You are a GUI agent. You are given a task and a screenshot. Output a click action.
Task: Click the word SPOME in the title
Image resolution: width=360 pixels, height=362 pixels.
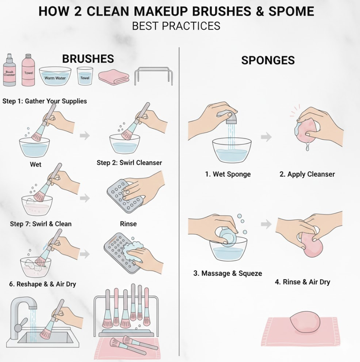[291, 11]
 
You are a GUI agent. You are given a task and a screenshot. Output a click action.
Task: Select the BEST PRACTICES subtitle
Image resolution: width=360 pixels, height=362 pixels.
[176, 26]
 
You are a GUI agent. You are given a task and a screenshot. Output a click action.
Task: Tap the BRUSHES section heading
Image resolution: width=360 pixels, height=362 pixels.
[88, 58]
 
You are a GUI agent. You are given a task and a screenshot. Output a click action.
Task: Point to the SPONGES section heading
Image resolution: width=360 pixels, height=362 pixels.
[268, 60]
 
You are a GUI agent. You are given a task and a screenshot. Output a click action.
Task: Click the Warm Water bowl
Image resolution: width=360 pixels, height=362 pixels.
[55, 76]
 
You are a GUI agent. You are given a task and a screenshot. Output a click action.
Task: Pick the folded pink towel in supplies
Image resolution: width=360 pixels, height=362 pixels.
[114, 77]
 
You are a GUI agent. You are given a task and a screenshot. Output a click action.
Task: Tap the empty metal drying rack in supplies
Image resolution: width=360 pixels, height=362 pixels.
[153, 76]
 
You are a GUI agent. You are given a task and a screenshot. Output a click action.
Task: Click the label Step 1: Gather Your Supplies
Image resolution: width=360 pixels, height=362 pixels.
[45, 101]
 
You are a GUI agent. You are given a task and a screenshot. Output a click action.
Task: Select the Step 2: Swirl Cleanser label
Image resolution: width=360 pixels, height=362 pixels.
[129, 162]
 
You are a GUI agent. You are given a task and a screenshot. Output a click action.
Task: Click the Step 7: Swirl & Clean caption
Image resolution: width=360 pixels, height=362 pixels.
[41, 224]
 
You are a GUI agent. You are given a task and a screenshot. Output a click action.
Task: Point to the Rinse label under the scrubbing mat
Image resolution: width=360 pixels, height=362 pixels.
[128, 224]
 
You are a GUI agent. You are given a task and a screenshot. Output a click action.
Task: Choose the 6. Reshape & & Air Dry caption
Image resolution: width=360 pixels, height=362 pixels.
[43, 284]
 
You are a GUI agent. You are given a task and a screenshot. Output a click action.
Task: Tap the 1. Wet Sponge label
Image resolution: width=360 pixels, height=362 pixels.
[228, 174]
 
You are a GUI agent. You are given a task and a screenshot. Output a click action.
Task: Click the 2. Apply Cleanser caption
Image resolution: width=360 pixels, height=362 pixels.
[307, 174]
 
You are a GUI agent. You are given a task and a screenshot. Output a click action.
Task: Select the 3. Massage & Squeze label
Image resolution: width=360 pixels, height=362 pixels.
[228, 274]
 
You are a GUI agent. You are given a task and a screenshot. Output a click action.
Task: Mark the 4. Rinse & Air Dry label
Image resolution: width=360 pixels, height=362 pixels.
[302, 282]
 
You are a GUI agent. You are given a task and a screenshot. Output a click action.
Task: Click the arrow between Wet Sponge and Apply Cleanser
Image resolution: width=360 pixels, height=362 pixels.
[266, 137]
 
